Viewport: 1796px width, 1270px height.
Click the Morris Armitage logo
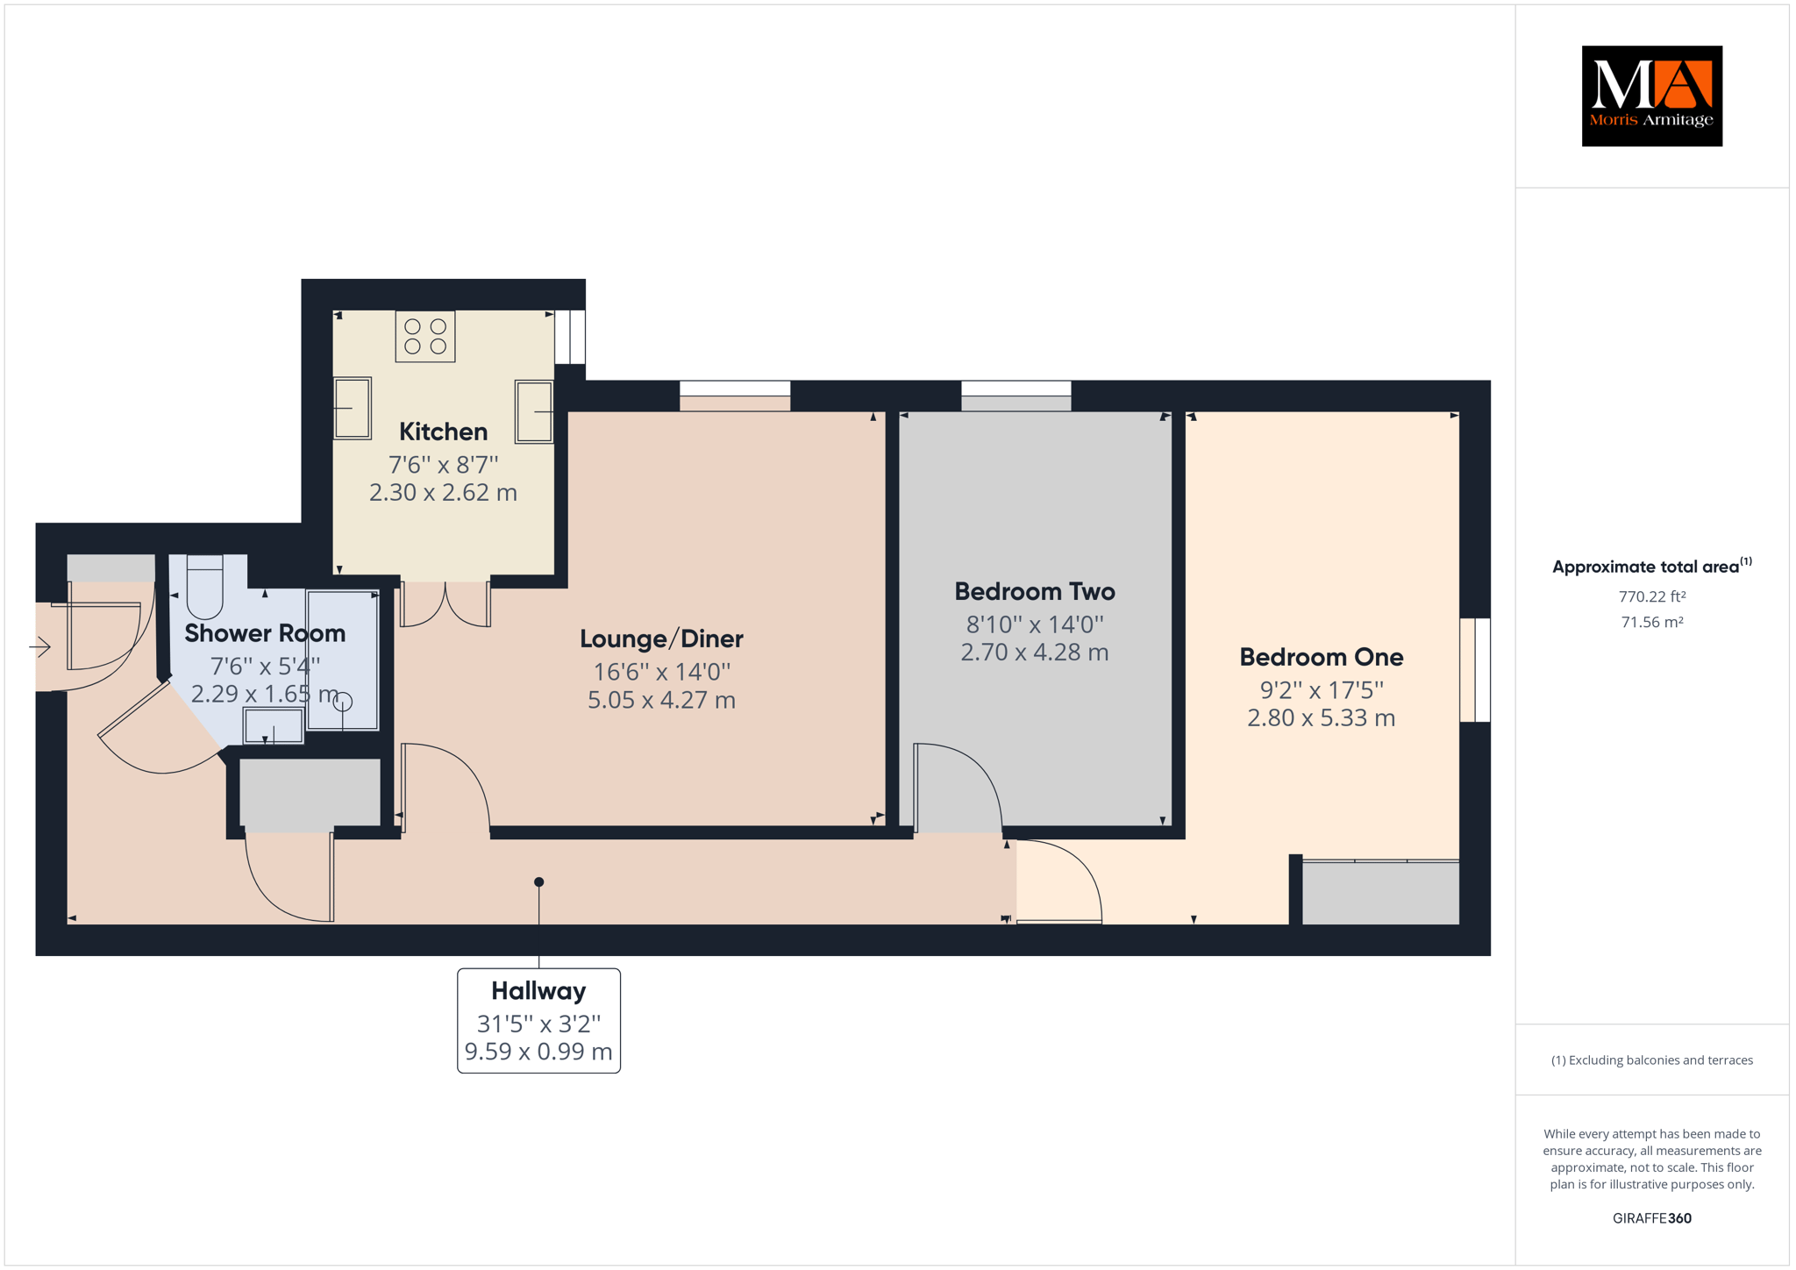pos(1651,96)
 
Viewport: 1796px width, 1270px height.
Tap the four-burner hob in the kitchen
pos(425,336)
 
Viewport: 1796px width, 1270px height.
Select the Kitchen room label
pos(443,432)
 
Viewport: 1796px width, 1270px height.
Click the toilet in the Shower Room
pos(204,586)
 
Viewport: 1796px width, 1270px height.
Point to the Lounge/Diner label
pos(661,639)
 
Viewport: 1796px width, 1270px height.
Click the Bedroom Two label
pos(1035,591)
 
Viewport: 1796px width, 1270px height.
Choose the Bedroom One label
pos(1321,657)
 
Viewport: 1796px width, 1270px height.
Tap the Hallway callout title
pos(538,991)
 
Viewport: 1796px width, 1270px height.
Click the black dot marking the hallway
pos(539,882)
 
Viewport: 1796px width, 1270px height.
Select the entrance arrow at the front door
pos(39,647)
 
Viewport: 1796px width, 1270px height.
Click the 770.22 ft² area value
pos(1652,596)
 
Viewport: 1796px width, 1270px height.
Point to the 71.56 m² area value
pos(1652,622)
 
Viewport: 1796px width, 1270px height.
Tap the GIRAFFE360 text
pos(1652,1218)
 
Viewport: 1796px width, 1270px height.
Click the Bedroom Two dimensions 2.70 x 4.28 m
pos(1035,653)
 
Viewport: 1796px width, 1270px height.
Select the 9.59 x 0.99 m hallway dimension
pos(538,1052)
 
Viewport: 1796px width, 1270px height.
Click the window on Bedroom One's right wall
pos(1475,670)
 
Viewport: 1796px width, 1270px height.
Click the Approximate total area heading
pos(1652,566)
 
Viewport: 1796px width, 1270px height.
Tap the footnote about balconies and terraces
pos(1652,1060)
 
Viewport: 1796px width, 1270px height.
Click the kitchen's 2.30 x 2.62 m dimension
pos(443,493)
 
